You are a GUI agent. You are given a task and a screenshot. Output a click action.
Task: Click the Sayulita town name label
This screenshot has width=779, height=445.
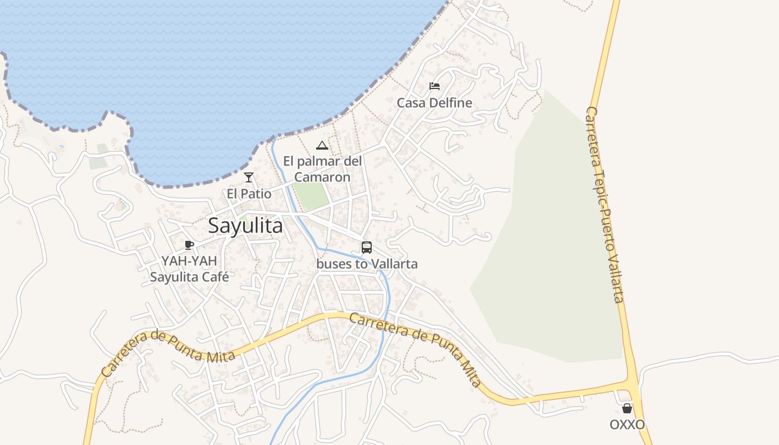[245, 226]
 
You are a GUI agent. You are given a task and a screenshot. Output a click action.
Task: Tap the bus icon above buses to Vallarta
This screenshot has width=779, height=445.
[367, 248]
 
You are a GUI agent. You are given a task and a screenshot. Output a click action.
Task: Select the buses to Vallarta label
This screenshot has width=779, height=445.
[367, 264]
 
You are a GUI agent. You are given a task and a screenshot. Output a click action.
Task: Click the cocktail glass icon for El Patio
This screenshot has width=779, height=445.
[249, 177]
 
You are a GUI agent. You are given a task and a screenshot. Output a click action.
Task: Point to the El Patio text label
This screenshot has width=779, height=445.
[249, 194]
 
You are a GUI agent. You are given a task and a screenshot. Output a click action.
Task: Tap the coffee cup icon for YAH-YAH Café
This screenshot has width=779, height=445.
[189, 245]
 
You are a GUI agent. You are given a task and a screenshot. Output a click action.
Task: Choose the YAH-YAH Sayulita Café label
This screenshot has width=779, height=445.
[189, 268]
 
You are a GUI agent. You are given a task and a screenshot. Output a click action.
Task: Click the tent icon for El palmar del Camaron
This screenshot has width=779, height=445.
[322, 146]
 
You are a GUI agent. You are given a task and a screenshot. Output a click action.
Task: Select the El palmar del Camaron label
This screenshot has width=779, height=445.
[322, 169]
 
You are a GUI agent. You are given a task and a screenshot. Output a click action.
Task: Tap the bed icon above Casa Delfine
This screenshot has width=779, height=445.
[435, 86]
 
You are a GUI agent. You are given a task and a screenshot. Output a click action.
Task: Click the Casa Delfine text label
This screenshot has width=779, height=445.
[434, 103]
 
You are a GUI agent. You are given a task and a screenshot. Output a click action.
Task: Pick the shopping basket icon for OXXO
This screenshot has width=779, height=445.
[627, 409]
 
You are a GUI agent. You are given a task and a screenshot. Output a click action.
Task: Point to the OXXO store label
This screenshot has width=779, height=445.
[627, 425]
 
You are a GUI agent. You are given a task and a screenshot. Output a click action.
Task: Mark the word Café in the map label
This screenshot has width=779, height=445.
[214, 276]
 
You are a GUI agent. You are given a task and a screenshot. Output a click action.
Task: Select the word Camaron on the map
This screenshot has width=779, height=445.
[322, 177]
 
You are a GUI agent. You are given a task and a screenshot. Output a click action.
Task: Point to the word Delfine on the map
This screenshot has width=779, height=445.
[450, 103]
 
